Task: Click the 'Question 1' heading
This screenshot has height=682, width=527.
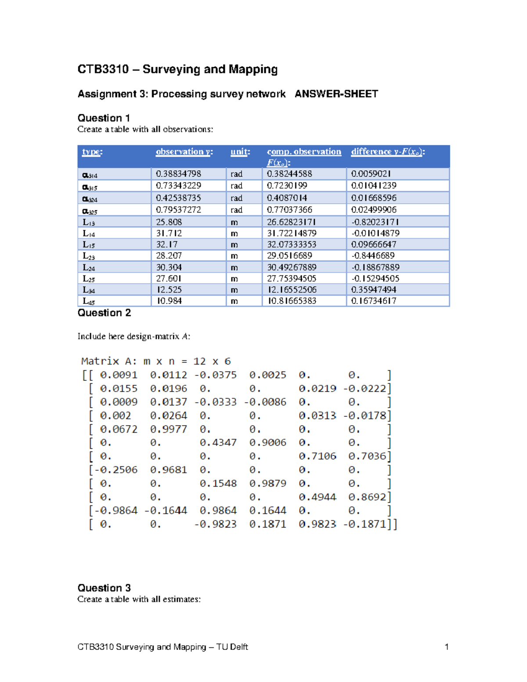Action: [x=104, y=118]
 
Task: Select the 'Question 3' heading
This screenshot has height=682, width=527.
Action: [x=104, y=588]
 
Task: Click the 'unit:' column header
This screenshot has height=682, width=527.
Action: [x=240, y=152]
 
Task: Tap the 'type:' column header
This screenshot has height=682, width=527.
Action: [x=92, y=152]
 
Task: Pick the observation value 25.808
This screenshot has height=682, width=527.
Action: [x=169, y=222]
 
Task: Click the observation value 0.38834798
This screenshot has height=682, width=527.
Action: [x=178, y=174]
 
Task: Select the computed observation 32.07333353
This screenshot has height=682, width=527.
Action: [x=292, y=245]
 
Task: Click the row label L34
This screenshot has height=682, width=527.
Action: [x=89, y=290]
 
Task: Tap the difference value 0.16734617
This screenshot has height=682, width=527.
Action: [x=374, y=301]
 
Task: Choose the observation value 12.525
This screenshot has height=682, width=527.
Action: [x=169, y=290]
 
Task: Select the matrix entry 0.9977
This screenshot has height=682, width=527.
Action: [x=169, y=429]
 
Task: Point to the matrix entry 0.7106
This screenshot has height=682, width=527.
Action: [x=318, y=456]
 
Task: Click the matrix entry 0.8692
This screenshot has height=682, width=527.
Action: [x=367, y=497]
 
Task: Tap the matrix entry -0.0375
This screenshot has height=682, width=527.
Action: [x=216, y=375]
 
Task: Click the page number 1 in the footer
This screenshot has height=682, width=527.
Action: [x=447, y=647]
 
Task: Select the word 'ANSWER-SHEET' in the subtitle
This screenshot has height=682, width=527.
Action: [x=336, y=94]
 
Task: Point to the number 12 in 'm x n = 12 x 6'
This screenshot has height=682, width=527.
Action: [x=199, y=361]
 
